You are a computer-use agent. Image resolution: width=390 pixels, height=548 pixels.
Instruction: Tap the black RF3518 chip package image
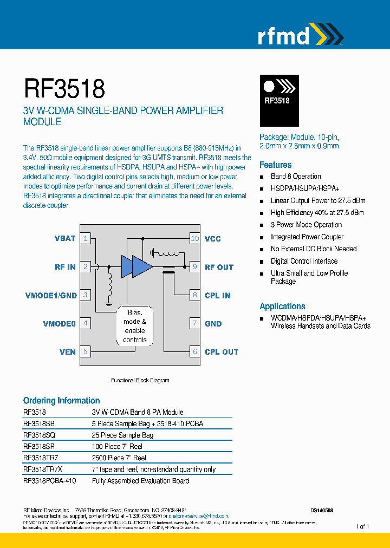[279, 100]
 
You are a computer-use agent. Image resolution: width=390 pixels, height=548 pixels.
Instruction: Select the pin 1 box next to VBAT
[86, 238]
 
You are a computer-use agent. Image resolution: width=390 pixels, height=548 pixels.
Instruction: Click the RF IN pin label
[65, 267]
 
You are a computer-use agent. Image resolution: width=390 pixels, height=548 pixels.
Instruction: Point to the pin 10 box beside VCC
[195, 238]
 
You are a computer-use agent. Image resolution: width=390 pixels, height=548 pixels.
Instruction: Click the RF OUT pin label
[219, 267]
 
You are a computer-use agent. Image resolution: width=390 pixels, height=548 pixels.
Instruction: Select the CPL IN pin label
[217, 295]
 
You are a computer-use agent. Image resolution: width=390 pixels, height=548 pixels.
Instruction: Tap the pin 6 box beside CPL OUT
[195, 351]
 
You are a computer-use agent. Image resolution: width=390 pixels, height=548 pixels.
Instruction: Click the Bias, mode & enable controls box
[135, 326]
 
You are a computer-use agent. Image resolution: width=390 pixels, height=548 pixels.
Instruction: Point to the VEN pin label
[68, 351]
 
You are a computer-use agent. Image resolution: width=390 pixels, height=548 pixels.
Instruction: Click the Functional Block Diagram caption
[140, 380]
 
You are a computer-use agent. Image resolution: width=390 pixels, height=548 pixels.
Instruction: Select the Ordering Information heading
[61, 401]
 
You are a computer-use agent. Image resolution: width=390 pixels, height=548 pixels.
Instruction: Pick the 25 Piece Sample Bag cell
[122, 435]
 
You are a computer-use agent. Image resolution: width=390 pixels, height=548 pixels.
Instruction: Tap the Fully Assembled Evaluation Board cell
[140, 480]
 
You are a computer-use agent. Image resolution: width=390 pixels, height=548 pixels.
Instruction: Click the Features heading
[275, 165]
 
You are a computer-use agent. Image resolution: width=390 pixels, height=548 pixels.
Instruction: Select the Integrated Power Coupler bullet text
[307, 237]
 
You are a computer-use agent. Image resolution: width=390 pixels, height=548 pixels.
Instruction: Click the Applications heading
[282, 306]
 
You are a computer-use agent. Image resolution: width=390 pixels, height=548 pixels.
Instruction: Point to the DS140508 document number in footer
[322, 510]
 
